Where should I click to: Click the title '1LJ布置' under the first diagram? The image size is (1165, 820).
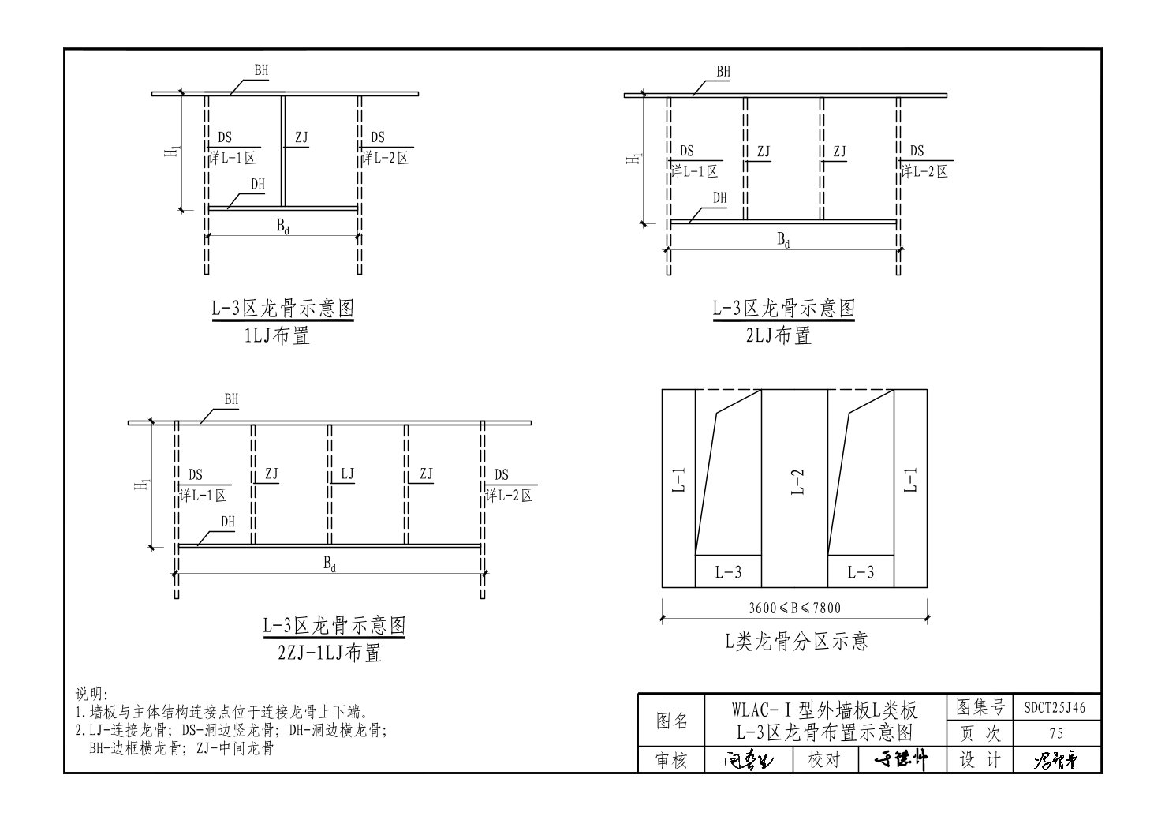pos(277,336)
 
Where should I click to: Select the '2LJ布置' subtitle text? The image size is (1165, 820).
pos(779,336)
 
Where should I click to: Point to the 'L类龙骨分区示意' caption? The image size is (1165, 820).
pos(797,641)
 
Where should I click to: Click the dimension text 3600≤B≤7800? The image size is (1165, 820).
pos(794,608)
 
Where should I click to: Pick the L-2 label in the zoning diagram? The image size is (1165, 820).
pos(797,481)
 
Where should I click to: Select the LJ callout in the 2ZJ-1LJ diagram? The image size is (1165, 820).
pos(347,474)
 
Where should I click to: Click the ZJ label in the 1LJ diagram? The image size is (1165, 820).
pos(301,138)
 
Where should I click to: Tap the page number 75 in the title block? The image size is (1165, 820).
pos(1057,734)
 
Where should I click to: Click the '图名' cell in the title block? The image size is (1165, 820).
pos(672,721)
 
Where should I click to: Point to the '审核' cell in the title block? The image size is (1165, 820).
pos(672,760)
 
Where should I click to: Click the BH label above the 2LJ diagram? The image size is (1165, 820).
pos(723,72)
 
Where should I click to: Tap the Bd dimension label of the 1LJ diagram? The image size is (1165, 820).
pos(282,225)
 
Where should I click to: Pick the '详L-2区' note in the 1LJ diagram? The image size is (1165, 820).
pos(386,158)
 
